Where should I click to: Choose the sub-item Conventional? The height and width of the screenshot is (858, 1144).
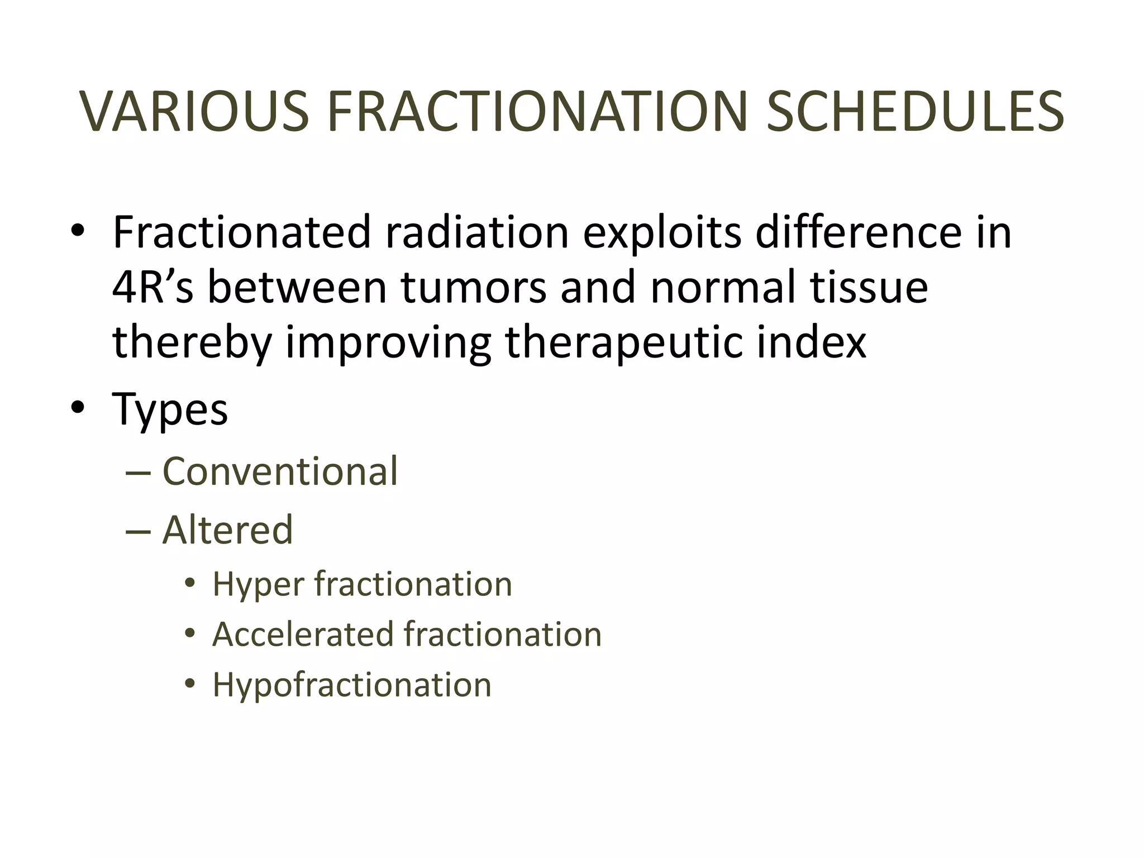280,471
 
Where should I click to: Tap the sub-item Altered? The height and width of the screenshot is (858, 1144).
227,530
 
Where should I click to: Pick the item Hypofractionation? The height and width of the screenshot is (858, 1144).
352,685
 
